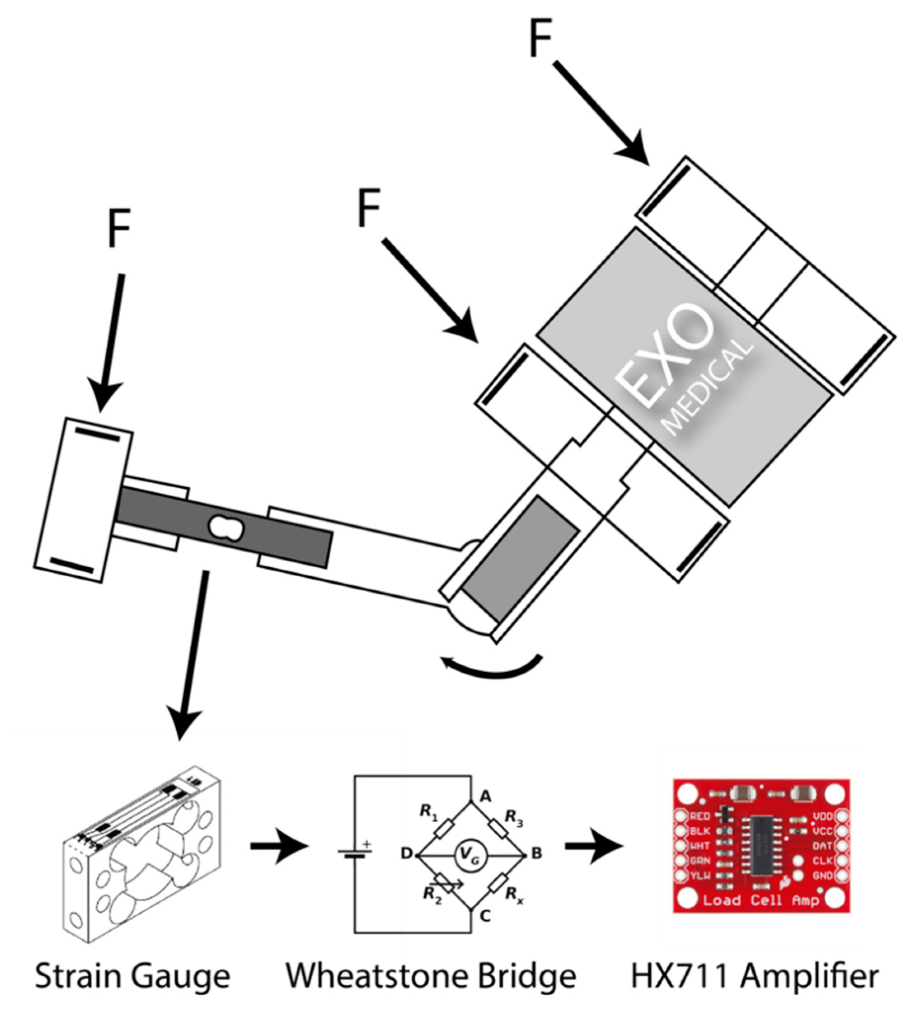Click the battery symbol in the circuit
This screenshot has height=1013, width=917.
pos(355,853)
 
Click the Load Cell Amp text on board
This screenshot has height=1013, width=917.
pos(760,900)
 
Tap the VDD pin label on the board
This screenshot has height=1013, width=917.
pos(823,816)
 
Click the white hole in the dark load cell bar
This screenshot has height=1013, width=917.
pos(227,528)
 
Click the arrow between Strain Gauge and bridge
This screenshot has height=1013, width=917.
pos(279,847)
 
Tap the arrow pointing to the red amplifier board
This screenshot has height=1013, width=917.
pos(593,847)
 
